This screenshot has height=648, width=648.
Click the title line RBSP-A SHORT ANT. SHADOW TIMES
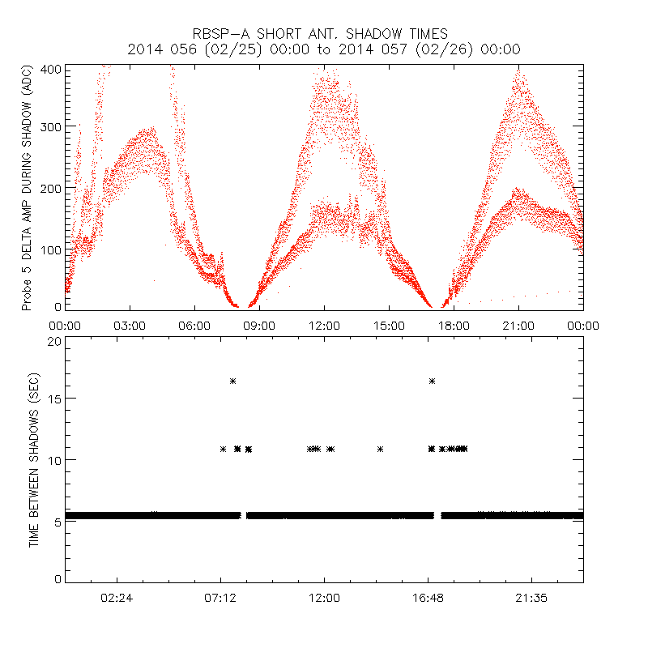click(x=324, y=33)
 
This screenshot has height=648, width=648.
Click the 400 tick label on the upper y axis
click(x=51, y=69)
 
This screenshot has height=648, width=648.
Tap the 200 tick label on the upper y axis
click(x=51, y=188)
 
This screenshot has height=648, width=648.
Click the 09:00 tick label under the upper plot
click(x=259, y=325)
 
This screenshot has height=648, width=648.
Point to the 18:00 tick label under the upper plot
click(x=454, y=325)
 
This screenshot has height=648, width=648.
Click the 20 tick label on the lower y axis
click(x=54, y=342)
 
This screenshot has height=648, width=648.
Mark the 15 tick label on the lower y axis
click(x=54, y=399)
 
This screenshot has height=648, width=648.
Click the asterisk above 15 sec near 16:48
click(x=432, y=381)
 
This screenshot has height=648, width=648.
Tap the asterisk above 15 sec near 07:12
click(x=232, y=381)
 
